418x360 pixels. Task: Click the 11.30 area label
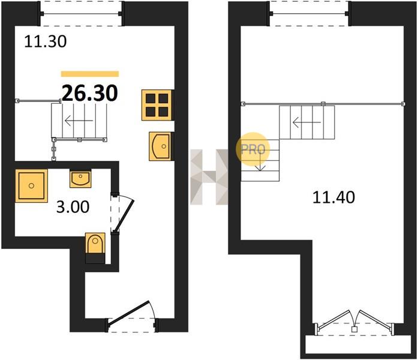46,41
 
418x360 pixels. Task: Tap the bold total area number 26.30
89,93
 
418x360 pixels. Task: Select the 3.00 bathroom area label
73,207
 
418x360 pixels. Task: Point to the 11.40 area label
333,197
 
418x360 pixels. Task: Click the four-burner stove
157,105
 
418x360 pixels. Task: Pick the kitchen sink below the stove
160,146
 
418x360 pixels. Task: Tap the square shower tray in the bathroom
31,185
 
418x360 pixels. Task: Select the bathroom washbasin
80,178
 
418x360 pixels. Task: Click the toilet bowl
95,243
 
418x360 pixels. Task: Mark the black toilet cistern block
95,259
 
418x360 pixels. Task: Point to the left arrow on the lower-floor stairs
79,121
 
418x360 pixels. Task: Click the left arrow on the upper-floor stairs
306,122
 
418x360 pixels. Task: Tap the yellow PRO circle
252,149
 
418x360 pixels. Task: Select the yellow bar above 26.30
90,74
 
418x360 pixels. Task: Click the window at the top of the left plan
81,14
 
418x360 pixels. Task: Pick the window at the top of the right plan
309,14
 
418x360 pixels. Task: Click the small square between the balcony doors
354,329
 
